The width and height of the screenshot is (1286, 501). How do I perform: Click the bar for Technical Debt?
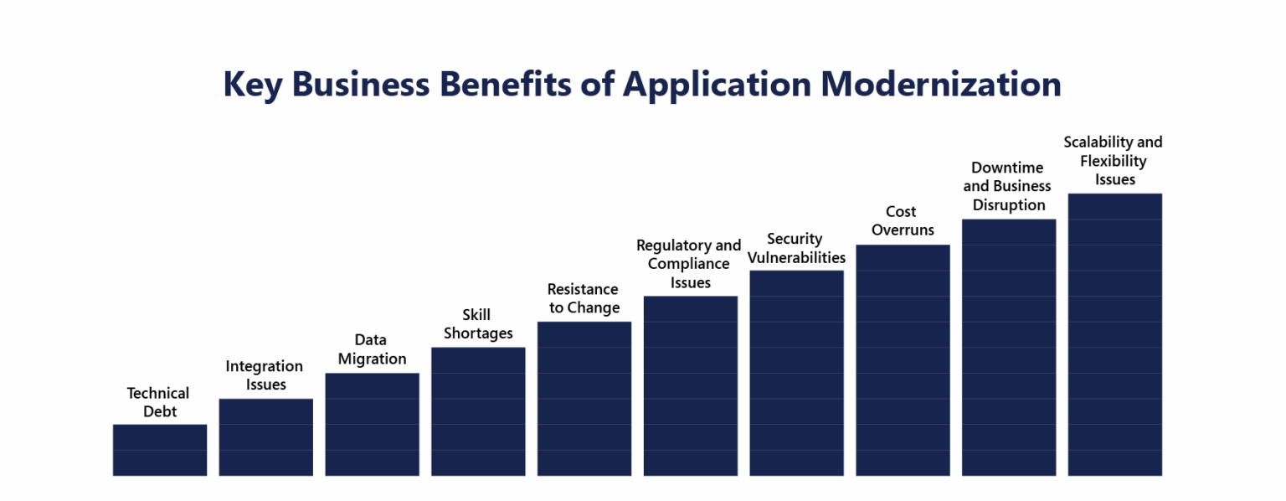click(x=159, y=450)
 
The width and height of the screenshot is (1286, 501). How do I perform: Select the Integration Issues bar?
click(x=265, y=437)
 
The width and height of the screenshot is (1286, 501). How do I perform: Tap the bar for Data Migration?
click(x=372, y=425)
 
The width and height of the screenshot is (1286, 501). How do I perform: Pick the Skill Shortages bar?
click(x=478, y=411)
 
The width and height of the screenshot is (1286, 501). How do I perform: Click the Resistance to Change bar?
click(x=584, y=399)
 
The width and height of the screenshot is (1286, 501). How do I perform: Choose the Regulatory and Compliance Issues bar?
click(x=690, y=386)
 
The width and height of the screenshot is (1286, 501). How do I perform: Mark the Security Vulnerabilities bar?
click(x=796, y=373)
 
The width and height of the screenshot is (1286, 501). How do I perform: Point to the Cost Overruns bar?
click(x=903, y=360)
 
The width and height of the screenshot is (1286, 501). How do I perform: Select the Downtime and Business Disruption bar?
click(x=1009, y=348)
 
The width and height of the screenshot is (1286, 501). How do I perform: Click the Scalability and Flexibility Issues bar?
click(x=1114, y=335)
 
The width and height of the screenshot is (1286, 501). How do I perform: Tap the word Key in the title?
click(x=252, y=85)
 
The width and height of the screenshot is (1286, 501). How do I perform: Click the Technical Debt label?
click(x=158, y=402)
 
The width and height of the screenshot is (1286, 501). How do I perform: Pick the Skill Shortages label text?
click(x=477, y=324)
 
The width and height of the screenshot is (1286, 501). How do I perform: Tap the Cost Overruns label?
click(x=902, y=220)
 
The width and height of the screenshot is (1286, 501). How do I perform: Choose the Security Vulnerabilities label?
click(x=795, y=248)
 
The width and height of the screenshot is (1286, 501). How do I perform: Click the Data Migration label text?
click(x=371, y=349)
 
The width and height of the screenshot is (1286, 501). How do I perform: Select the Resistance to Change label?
click(x=584, y=298)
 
